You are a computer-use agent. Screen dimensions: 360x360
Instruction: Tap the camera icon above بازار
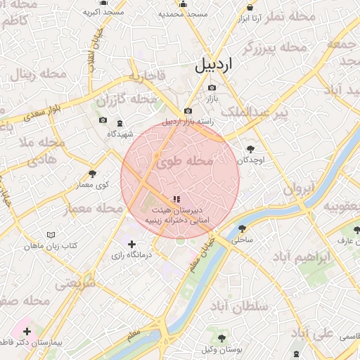point(212,88)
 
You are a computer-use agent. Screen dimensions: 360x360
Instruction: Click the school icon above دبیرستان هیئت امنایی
point(174,199)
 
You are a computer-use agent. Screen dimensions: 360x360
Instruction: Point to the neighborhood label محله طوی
point(184,162)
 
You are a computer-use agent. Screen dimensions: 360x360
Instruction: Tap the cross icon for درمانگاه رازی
point(131,244)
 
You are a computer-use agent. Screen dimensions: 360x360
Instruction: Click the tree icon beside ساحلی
point(243,228)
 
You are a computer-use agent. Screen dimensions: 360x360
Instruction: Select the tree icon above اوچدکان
point(251,148)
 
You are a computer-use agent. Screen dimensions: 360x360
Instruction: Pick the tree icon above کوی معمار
point(92,174)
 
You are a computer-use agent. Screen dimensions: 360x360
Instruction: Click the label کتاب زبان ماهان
point(49,246)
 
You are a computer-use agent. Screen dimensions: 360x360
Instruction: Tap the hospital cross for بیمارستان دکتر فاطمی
point(27,330)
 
